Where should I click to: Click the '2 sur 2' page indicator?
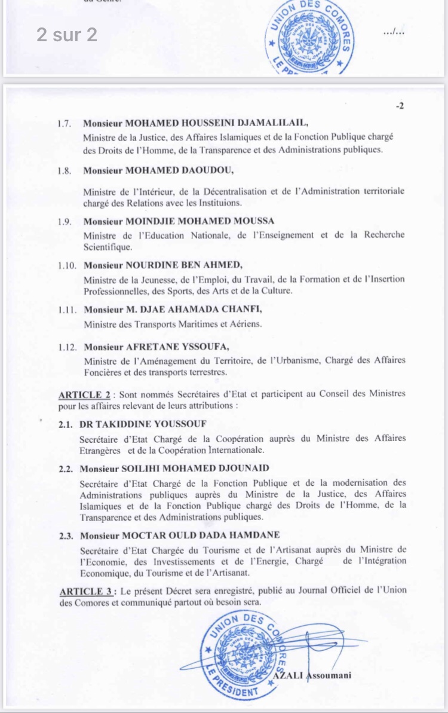[x=66, y=35]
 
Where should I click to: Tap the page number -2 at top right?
[x=400, y=106]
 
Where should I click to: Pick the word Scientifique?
[x=108, y=246]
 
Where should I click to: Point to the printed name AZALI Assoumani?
[x=311, y=675]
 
